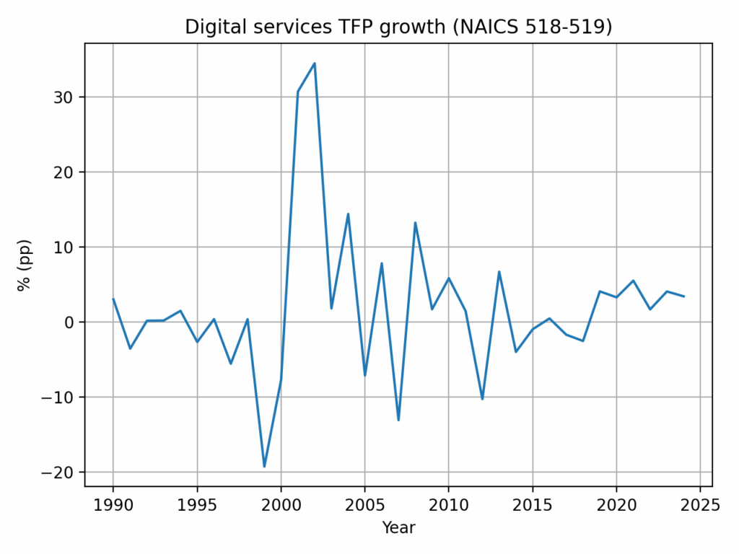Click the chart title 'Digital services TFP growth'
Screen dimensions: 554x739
(398, 27)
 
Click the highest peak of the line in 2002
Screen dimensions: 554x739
(315, 63)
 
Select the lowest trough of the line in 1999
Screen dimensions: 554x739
(264, 466)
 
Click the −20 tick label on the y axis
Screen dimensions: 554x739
(62, 472)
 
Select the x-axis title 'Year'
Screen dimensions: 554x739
(398, 528)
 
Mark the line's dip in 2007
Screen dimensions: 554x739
(398, 420)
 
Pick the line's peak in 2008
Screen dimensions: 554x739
(415, 223)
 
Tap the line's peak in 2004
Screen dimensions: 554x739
(348, 214)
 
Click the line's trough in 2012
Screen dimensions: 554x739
(482, 399)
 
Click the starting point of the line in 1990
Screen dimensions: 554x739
(113, 299)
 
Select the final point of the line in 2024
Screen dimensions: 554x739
(683, 296)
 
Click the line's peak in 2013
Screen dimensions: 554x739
(499, 272)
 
